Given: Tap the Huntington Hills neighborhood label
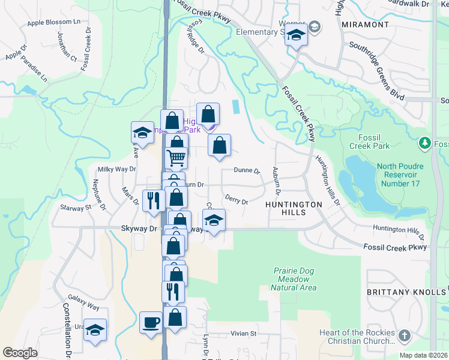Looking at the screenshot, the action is point(294,205).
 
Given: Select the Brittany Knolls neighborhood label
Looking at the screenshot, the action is point(407,292).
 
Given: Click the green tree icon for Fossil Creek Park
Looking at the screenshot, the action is point(425,143).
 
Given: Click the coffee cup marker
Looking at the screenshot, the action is point(151,322).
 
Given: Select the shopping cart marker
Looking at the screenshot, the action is point(176,157).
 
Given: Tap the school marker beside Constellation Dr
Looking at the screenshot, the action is point(95,329).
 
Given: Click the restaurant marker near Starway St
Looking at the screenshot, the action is point(153,200).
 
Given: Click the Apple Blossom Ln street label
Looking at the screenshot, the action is point(54,22).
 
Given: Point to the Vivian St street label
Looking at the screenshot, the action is point(244,333).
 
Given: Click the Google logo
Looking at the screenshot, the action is point(20,353).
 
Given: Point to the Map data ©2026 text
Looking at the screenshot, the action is point(423,355).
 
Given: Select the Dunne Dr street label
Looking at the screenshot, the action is point(247,171).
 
